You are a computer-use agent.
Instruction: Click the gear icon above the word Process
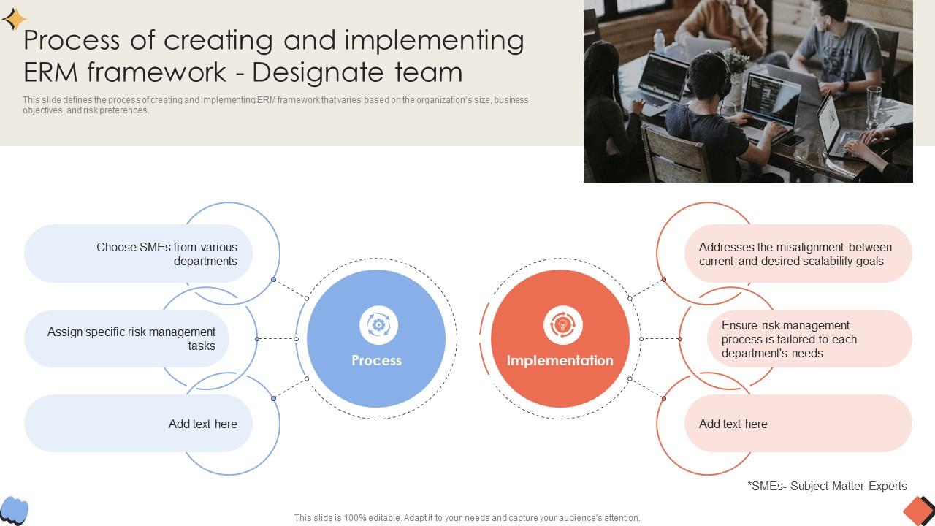click(378, 324)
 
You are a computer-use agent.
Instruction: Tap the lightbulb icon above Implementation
click(562, 324)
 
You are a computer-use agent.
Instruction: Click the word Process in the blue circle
click(376, 360)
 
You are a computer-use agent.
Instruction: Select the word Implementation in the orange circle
click(560, 360)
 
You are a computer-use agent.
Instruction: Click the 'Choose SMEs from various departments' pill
click(139, 254)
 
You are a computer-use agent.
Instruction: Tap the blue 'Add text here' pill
click(139, 424)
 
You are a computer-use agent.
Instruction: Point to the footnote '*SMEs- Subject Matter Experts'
click(827, 486)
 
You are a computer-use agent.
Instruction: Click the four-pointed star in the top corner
click(14, 19)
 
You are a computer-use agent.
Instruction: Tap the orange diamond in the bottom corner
click(917, 510)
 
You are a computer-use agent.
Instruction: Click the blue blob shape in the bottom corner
click(15, 510)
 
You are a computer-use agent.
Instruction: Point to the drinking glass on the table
click(874, 107)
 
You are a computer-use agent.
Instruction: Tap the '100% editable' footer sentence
click(467, 518)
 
